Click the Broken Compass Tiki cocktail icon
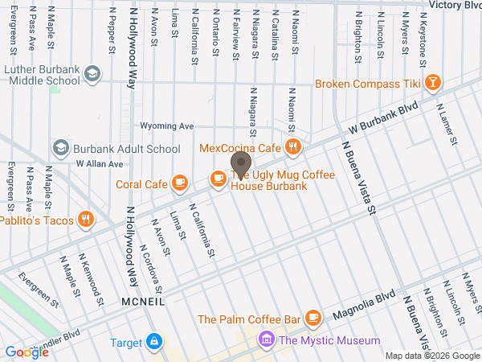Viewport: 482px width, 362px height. point(433,83)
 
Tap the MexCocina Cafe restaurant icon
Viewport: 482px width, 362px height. point(294,147)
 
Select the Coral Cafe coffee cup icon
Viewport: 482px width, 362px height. point(180,183)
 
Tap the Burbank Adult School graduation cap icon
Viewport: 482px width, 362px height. point(60,148)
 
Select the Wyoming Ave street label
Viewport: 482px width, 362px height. point(167,126)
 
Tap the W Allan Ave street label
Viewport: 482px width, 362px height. point(100,163)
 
